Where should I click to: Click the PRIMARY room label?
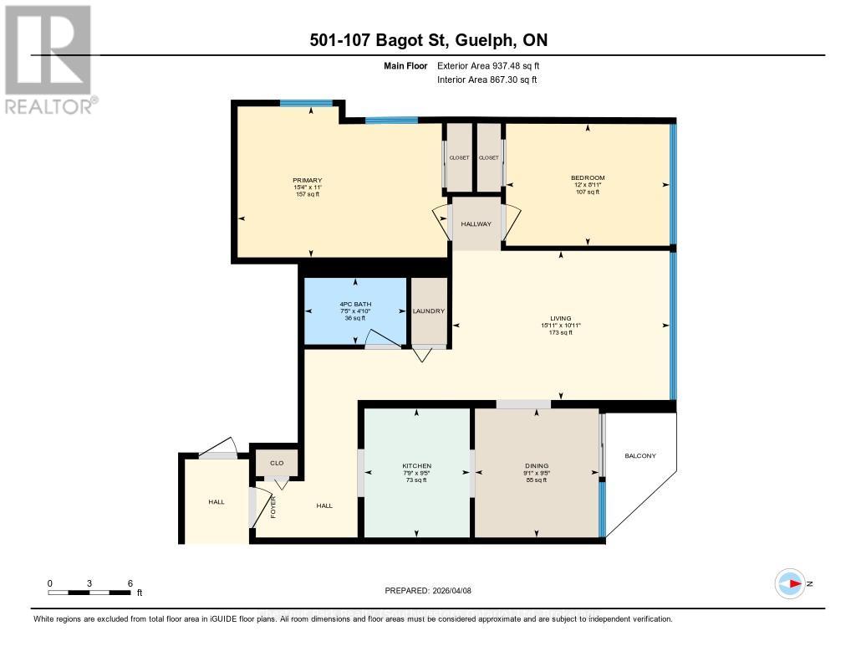[307, 181]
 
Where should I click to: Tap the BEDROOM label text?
[588, 177]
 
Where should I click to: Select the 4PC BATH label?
[356, 304]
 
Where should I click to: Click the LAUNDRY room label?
[429, 310]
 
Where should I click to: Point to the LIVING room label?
[560, 318]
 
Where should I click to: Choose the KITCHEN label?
[416, 465]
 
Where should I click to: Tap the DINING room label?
[536, 465]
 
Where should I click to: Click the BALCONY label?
[640, 456]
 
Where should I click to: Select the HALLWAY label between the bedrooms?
[476, 223]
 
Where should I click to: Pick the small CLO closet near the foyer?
[277, 462]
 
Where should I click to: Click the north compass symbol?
[790, 583]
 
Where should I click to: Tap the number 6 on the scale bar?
[129, 582]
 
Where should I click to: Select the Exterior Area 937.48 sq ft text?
[493, 65]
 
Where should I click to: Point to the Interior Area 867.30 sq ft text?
[487, 80]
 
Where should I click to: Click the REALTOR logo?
[49, 59]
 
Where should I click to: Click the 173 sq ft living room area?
[560, 332]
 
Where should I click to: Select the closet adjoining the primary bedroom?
[459, 157]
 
